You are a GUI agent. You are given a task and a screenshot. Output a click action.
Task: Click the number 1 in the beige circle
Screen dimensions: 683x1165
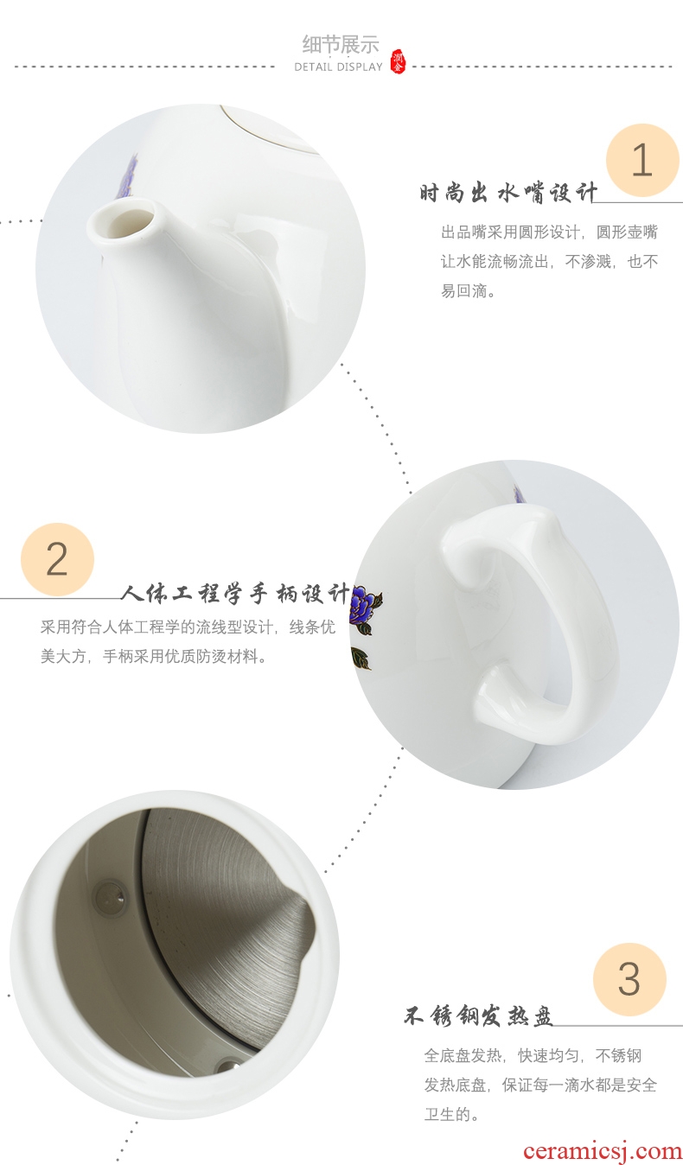coord(642,160)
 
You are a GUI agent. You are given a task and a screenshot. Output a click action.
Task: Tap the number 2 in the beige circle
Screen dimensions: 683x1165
coord(57,559)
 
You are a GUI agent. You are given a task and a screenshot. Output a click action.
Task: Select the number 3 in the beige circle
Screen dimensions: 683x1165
coord(629,980)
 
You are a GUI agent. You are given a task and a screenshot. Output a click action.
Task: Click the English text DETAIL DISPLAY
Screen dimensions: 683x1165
coord(338,67)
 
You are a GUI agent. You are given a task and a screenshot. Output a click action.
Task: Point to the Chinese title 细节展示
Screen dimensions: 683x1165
coord(341,45)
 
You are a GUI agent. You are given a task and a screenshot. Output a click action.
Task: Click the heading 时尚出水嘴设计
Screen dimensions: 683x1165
coord(507,193)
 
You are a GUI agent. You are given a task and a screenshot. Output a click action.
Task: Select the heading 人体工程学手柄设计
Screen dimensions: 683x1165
coord(235,594)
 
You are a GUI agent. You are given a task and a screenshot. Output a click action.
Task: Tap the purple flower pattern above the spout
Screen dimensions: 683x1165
coord(131,175)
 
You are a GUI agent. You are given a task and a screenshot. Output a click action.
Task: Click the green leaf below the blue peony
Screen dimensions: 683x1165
coord(361,658)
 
